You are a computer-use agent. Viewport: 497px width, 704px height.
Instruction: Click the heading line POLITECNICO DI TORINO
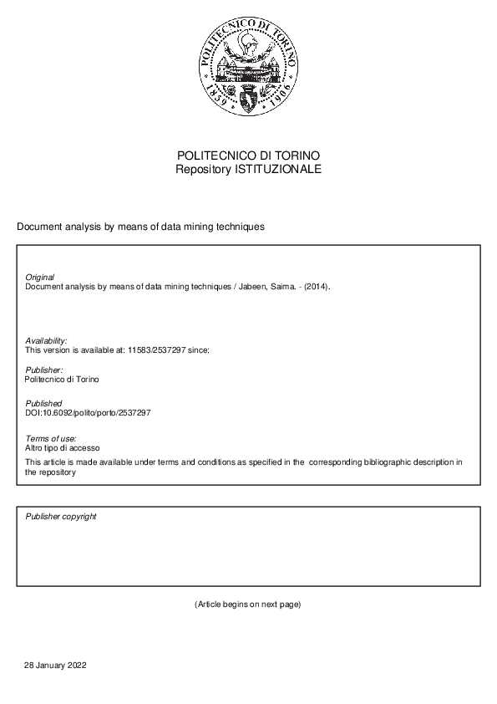tap(248, 156)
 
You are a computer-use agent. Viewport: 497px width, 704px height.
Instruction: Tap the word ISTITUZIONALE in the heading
tap(279, 169)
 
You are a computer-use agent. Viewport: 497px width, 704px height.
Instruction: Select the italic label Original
tap(40, 277)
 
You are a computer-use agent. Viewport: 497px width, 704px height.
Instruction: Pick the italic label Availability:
tap(47, 340)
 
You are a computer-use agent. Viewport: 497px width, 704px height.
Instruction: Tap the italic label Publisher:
tap(44, 370)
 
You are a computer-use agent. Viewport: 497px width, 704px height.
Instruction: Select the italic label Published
tap(43, 404)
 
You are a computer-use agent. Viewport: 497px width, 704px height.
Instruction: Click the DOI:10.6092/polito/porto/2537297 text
tap(88, 413)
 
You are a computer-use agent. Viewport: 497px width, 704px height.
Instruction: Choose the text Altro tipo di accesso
tap(63, 448)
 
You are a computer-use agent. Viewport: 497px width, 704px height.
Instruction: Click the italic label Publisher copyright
tap(61, 517)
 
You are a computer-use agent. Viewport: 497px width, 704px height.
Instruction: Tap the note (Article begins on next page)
tap(247, 604)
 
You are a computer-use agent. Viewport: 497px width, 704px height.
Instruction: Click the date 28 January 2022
tap(55, 666)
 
